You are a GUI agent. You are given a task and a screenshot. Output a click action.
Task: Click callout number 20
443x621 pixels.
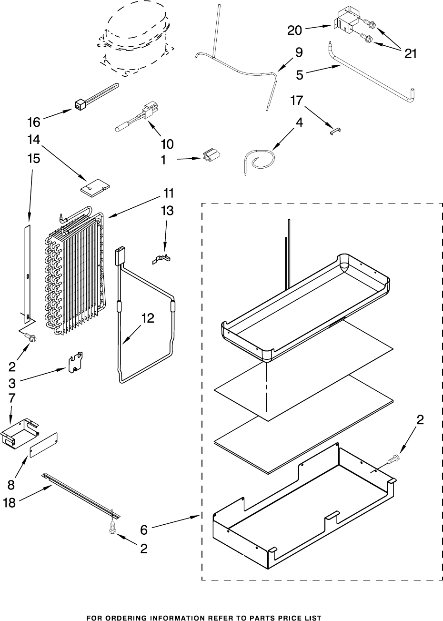click(295, 31)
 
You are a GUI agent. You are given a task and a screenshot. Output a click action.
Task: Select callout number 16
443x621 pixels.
click(33, 122)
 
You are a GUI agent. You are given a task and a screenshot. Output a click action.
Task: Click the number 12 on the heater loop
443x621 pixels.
click(148, 318)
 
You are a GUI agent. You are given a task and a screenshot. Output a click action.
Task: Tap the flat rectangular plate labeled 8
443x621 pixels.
click(43, 445)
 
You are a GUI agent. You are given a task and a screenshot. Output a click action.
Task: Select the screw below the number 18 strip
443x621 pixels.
click(112, 527)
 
